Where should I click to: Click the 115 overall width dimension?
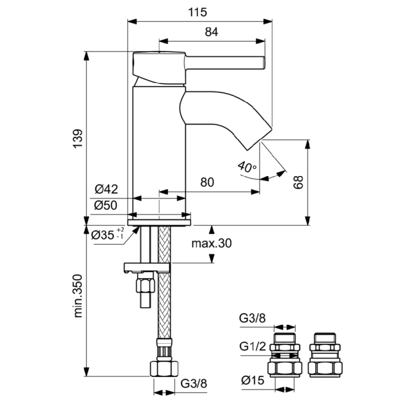[199, 12]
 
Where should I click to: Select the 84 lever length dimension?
[212, 33]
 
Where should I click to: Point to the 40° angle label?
[247, 167]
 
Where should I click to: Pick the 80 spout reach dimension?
[207, 183]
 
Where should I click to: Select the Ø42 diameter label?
[107, 190]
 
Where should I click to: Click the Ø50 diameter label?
[107, 205]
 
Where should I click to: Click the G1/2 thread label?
[252, 346]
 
